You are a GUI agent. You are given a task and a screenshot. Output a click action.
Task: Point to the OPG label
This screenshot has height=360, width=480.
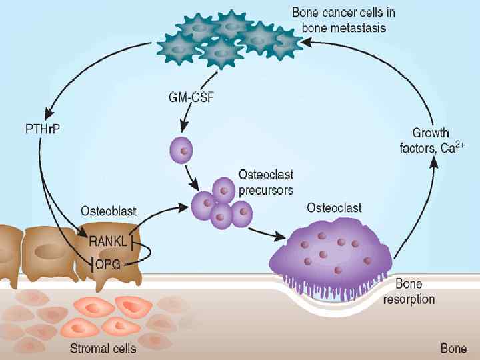click(x=107, y=265)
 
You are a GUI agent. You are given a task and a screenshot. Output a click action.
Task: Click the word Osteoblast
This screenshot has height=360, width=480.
click(x=109, y=211)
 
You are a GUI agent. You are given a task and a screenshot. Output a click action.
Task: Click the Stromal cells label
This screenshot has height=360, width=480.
click(x=103, y=348)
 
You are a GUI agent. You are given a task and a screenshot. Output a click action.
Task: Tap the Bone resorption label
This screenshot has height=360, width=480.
click(x=409, y=292)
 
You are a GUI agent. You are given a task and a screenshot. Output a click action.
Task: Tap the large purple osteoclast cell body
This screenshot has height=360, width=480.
click(x=331, y=248)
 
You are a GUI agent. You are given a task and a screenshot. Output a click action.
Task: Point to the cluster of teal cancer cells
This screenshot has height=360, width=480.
click(x=227, y=40)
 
